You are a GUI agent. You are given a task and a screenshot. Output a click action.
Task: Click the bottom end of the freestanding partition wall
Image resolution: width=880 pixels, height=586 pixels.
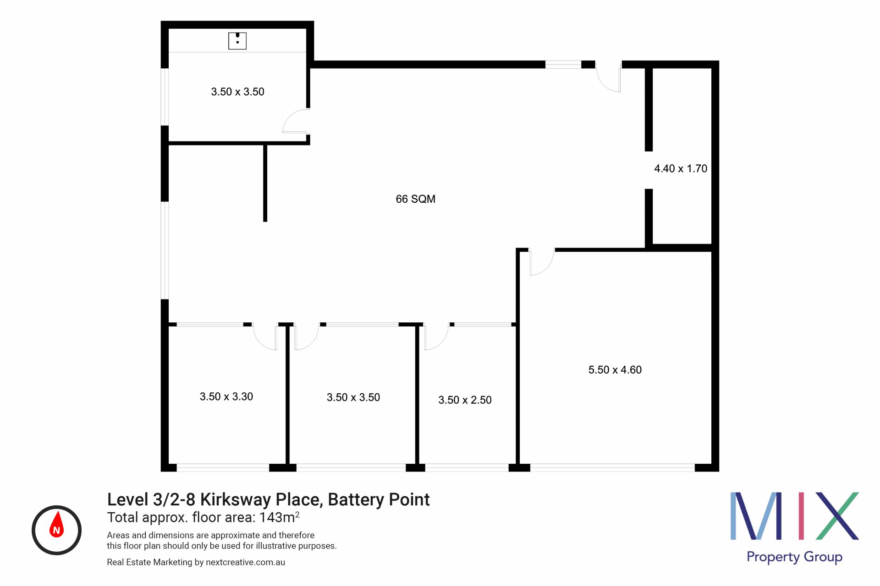click(x=265, y=222)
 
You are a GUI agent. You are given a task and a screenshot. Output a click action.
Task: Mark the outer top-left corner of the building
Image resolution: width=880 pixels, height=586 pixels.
click(x=161, y=21)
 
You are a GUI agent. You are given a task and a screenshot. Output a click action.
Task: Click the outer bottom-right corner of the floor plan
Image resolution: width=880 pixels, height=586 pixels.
click(x=719, y=471)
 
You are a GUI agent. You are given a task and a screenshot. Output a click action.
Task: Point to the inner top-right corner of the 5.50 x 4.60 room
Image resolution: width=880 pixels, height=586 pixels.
click(x=711, y=252)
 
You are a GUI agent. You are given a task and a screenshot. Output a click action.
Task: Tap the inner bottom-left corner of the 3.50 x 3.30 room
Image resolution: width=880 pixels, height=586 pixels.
click(x=169, y=464)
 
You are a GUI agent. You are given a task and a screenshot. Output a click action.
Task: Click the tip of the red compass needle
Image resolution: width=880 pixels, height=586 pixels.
click(x=57, y=511)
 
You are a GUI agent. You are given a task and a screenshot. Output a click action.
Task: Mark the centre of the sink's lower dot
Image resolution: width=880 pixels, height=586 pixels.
click(x=237, y=42)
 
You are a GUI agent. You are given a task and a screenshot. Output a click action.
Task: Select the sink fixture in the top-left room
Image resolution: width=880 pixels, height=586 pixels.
click(x=237, y=41)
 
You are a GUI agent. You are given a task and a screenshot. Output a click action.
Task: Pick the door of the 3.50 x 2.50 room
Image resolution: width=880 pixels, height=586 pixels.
click(x=436, y=337)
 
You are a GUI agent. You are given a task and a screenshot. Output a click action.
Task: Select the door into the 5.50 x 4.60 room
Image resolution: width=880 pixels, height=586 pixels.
click(x=541, y=262)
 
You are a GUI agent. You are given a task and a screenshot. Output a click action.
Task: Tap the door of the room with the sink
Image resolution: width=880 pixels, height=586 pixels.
click(x=295, y=121)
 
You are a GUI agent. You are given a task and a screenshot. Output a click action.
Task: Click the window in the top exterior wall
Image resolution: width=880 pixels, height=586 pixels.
click(x=563, y=65)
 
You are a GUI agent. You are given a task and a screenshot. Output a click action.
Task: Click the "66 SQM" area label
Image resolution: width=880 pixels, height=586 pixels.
click(x=416, y=199)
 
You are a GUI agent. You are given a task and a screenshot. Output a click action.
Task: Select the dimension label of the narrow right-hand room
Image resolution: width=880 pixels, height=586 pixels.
click(x=681, y=168)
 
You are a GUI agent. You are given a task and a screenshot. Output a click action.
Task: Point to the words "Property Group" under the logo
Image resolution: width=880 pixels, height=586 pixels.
click(x=795, y=557)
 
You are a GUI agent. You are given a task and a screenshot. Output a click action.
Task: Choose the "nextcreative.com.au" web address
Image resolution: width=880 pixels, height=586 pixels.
click(x=245, y=562)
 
